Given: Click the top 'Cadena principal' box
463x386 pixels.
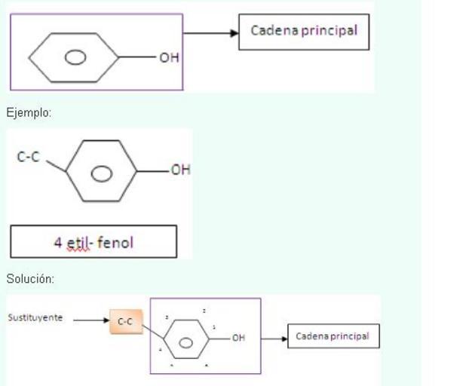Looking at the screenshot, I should point(304,32).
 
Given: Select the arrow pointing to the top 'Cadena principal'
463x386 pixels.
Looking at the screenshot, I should point(211,33).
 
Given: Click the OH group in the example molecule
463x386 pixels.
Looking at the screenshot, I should point(180,170).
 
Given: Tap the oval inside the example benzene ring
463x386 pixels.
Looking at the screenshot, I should point(101,173).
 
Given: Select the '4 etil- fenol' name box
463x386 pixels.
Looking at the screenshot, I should point(94,241).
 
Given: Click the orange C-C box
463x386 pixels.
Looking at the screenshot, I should point(125,321).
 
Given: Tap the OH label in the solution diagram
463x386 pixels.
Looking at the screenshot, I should point(238,338).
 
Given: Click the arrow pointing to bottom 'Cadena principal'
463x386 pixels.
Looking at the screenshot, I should point(273,337).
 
